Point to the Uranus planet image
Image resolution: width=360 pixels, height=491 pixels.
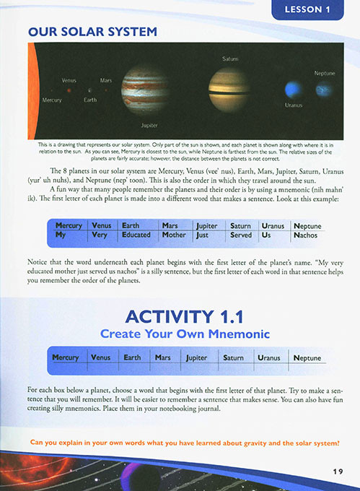pyautogui.click(x=292, y=90)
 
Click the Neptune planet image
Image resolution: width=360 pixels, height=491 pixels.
pyautogui.click(x=324, y=90)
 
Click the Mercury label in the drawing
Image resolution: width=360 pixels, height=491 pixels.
pyautogui.click(x=52, y=100)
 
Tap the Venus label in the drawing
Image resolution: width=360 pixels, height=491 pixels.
pyautogui.click(x=69, y=80)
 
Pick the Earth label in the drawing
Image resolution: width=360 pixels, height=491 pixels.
pyautogui.click(x=89, y=100)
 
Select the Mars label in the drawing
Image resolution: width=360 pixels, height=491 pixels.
pyautogui.click(x=106, y=80)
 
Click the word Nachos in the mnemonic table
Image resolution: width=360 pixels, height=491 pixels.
pyautogui.click(x=306, y=235)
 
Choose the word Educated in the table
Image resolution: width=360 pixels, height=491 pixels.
pyautogui.click(x=136, y=235)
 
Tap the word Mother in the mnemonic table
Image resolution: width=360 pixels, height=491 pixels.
pyautogui.click(x=174, y=235)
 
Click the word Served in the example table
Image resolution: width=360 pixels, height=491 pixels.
pyautogui.click(x=241, y=235)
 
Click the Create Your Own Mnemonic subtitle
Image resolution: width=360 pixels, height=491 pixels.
pyautogui.click(x=184, y=334)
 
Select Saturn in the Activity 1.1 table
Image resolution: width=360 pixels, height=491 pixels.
pyautogui.click(x=233, y=357)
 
